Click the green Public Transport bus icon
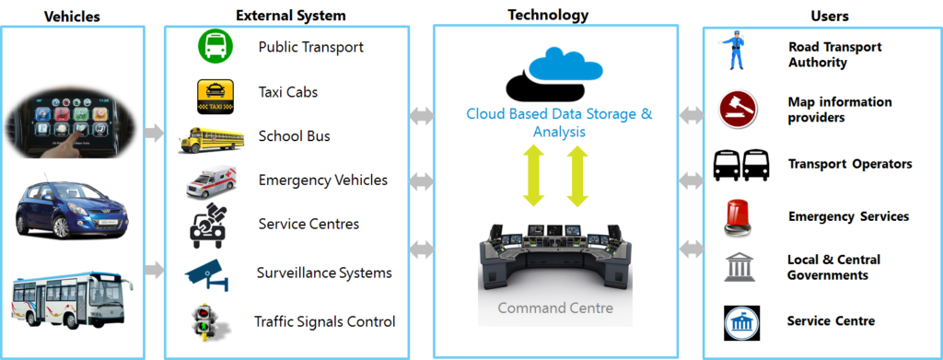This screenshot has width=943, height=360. pyautogui.click(x=215, y=47)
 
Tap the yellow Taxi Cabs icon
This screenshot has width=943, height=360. pyautogui.click(x=215, y=93)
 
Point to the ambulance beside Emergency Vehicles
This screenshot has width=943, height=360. pyautogui.click(x=211, y=181)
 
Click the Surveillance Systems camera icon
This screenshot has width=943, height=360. pyautogui.click(x=212, y=273)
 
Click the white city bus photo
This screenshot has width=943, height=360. pyautogui.click(x=73, y=296)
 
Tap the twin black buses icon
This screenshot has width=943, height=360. pyautogui.click(x=740, y=165)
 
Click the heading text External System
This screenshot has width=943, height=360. pyautogui.click(x=291, y=15)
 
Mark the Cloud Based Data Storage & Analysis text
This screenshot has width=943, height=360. pyautogui.click(x=558, y=122)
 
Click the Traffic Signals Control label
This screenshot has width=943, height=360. pyautogui.click(x=325, y=321)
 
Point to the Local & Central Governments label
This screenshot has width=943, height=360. pyautogui.click(x=833, y=267)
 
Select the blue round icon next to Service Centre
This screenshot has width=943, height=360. pyautogui.click(x=739, y=321)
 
